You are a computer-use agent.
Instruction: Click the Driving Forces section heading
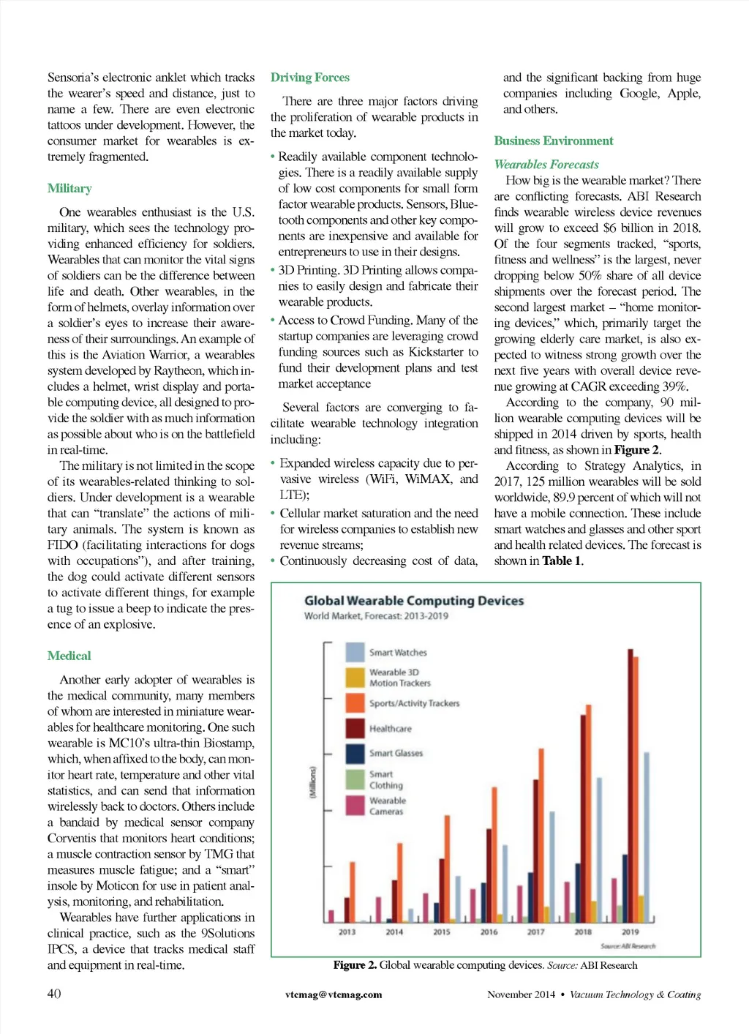[309, 78]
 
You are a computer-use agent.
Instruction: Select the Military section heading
[69, 189]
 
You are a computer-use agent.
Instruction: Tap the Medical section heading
[69, 656]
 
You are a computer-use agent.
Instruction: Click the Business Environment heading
[553, 141]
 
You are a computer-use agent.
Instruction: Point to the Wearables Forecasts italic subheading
[546, 165]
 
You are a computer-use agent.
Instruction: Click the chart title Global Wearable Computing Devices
[413, 601]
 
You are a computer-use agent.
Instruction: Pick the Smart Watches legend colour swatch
[355, 652]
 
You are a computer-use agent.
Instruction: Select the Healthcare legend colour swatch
[355, 728]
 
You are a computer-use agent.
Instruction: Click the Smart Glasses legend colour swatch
[355, 753]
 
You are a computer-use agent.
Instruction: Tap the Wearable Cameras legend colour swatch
[355, 805]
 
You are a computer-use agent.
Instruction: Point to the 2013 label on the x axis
[347, 932]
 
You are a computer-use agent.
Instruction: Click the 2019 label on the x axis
[630, 932]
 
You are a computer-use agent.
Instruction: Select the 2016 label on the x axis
[489, 932]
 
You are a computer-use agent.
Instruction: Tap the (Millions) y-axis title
[312, 782]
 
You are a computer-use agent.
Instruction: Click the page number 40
[54, 994]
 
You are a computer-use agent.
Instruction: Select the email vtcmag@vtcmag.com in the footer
[334, 994]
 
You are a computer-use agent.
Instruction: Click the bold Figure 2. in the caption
[355, 966]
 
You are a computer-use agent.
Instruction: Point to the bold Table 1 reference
[562, 561]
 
